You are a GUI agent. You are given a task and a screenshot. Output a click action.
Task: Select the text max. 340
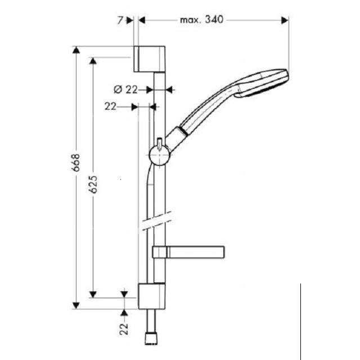click(x=202, y=20)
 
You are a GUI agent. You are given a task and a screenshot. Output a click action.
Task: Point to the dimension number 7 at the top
click(x=120, y=20)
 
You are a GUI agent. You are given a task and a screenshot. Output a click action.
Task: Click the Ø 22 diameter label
click(x=125, y=89)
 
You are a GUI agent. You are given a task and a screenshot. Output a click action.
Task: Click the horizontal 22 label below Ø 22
click(x=110, y=105)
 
